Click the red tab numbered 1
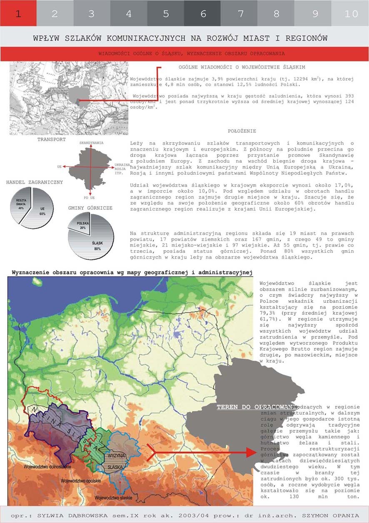click(18, 13)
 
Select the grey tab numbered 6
click(203, 13)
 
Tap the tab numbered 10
click(351, 13)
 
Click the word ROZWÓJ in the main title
click(219, 38)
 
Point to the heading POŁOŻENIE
click(242, 131)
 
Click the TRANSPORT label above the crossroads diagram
click(51, 139)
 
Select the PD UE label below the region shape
click(89, 197)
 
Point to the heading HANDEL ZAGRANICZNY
click(35, 182)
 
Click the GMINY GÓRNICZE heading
click(91, 207)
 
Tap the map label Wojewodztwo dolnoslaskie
click(47, 466)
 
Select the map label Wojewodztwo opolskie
click(81, 480)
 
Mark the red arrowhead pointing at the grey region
click(250, 452)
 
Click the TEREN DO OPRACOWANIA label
click(255, 407)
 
